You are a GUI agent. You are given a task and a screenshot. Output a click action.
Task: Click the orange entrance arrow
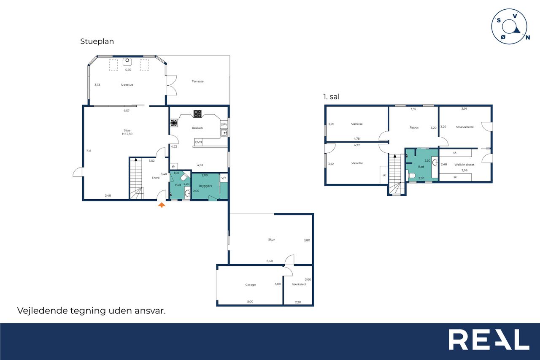[162, 205]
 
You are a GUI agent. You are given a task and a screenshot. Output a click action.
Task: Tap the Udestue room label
[127, 85]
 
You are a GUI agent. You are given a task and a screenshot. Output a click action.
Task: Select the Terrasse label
[198, 81]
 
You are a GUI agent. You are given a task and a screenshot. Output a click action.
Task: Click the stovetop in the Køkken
[197, 114]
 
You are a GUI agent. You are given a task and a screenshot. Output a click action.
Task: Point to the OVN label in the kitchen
[198, 142]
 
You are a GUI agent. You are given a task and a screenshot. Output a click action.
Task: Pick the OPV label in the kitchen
[224, 125]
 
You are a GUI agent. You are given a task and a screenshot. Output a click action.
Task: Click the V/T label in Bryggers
[224, 178]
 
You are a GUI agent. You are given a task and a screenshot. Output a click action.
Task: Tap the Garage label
[251, 284]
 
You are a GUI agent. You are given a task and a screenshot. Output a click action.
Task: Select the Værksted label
[299, 284]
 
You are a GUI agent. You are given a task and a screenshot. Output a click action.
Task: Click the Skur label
[271, 239]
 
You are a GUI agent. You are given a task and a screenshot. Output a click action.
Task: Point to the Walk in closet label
[464, 165]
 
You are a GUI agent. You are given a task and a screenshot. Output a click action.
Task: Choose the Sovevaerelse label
[465, 127]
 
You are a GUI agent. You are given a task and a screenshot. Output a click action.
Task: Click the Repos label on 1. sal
[414, 127]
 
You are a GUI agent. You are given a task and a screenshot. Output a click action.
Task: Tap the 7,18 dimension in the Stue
[89, 151]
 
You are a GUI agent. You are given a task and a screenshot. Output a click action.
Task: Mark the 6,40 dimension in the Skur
[270, 261]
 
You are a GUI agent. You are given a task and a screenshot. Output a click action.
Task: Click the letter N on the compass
[528, 38]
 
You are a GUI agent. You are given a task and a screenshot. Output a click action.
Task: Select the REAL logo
[489, 339]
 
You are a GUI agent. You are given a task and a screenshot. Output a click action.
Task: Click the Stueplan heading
[97, 41]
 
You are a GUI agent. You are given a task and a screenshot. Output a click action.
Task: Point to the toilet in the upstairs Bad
[410, 175]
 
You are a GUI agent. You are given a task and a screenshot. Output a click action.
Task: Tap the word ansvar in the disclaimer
[150, 311]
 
